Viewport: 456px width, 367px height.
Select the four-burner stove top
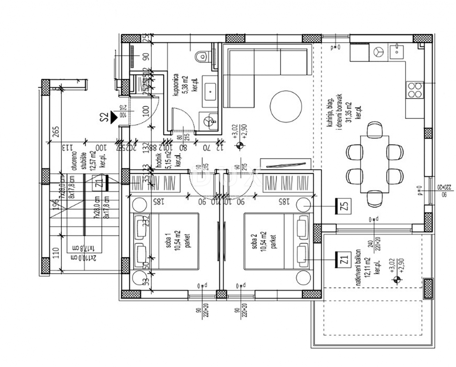(414, 90)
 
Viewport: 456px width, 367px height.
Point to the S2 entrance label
(102, 117)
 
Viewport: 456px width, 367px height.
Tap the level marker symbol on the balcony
(397, 280)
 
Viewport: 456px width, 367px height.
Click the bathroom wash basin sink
(209, 92)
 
